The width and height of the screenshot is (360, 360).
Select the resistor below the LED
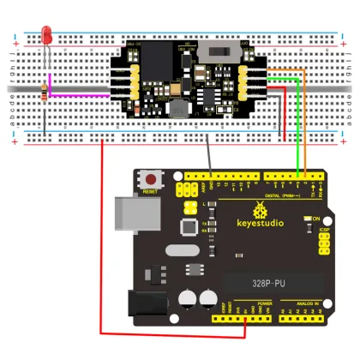(x=45, y=93)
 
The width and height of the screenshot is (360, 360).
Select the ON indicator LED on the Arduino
(x=306, y=219)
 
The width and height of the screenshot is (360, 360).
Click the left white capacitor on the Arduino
(x=188, y=299)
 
